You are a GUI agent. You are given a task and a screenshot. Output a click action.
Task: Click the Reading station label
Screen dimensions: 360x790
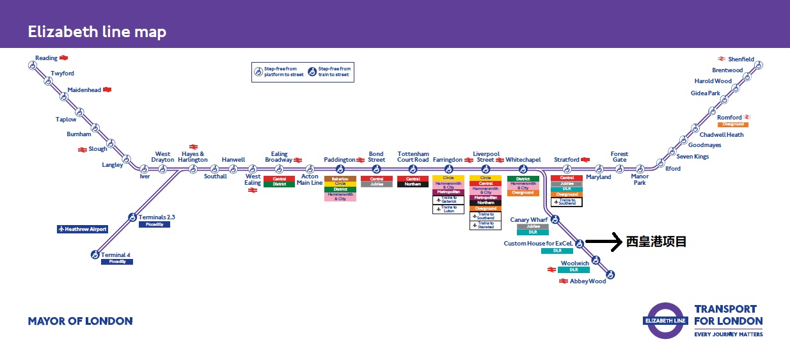46,58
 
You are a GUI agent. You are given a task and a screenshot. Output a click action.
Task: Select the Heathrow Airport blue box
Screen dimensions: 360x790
82,229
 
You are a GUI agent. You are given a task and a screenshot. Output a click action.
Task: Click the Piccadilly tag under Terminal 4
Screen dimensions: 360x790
117,262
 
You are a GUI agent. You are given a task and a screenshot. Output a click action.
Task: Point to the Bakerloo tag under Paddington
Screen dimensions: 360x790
340,179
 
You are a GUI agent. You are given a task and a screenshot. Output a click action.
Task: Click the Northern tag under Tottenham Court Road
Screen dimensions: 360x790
413,184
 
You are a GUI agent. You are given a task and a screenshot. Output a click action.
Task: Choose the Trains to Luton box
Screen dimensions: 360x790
448,209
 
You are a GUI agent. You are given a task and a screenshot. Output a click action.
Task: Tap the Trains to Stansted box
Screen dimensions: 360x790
486,225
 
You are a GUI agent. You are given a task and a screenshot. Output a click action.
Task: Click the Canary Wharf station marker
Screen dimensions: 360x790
555,220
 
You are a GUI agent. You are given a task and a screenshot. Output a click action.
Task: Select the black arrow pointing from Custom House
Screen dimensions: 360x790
603,242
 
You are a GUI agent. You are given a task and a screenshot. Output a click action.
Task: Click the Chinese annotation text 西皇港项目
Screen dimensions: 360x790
656,242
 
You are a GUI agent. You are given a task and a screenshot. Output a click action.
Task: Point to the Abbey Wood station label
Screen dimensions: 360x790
588,281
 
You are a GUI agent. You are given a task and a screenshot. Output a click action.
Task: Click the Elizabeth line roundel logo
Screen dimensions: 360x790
666,320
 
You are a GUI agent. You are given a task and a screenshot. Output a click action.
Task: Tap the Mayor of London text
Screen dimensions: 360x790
80,321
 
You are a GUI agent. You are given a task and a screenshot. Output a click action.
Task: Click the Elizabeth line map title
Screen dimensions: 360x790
97,32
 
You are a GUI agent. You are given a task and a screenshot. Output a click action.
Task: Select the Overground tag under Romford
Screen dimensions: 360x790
732,125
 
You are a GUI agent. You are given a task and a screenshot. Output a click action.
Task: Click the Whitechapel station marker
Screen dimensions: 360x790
523,169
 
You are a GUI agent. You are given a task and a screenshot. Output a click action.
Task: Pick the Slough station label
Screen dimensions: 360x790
97,149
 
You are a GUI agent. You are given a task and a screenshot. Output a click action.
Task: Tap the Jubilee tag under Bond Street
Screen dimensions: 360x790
377,184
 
